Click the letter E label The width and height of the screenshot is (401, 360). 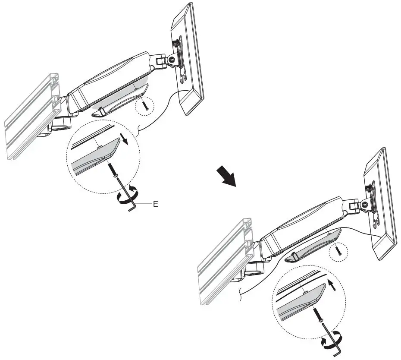156,204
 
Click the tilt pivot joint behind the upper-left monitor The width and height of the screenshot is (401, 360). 172,60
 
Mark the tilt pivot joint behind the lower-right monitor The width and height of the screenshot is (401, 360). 365,204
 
